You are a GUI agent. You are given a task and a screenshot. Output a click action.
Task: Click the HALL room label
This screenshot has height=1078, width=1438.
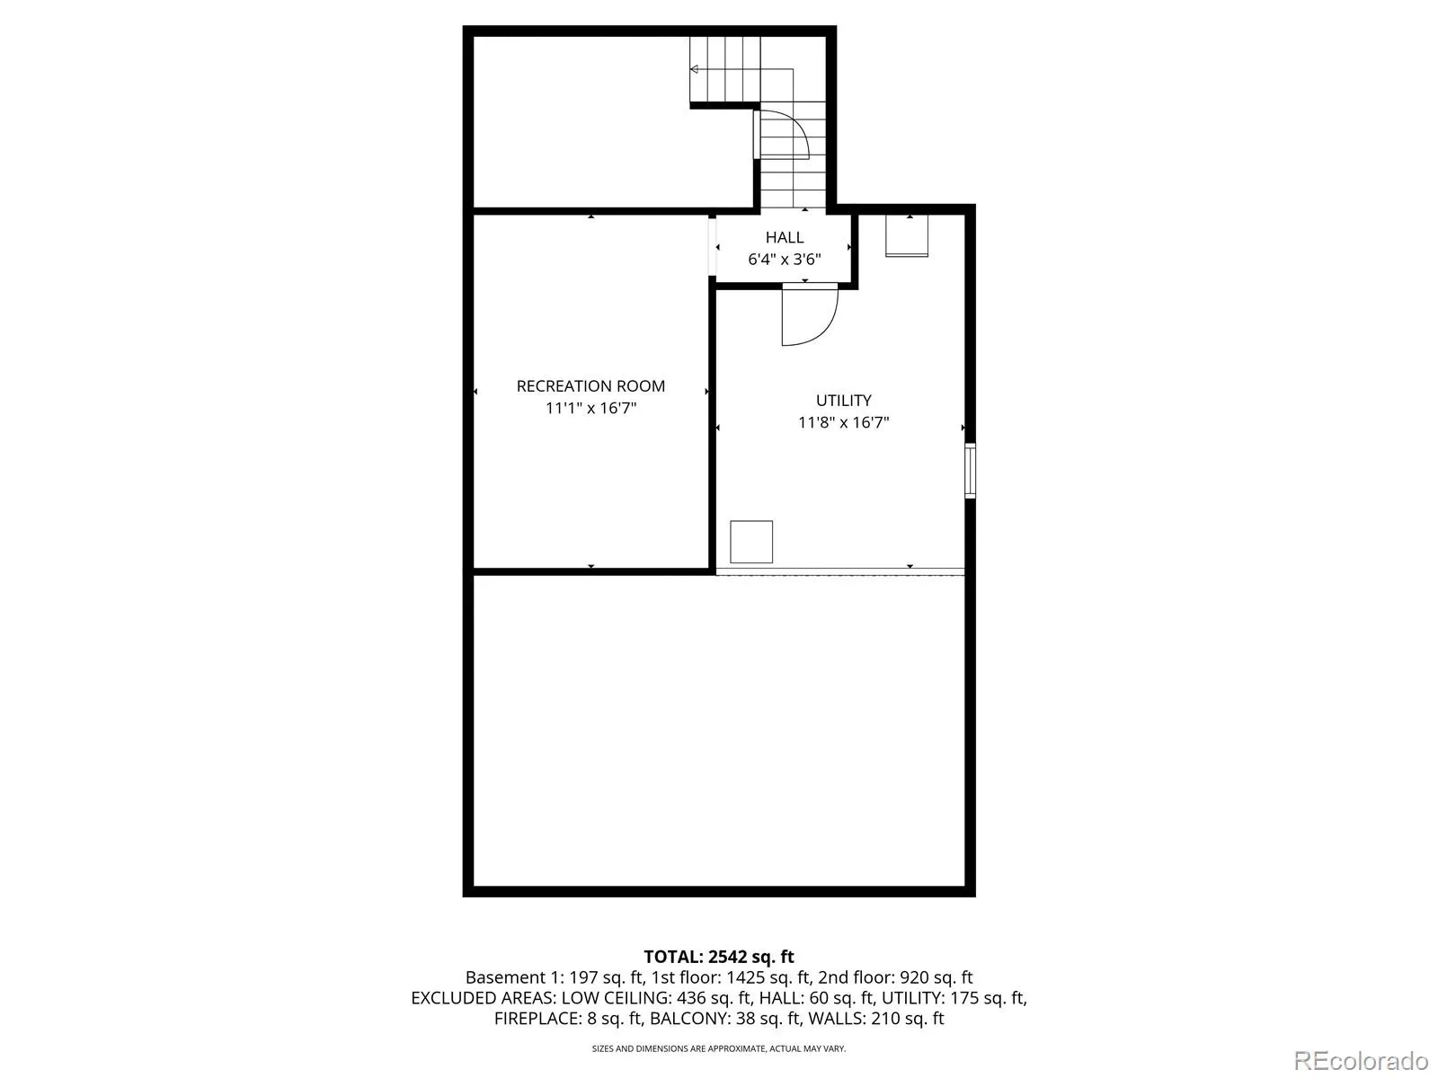pos(785,237)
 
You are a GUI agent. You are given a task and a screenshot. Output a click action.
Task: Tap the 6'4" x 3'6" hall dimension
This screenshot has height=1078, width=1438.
pos(785,260)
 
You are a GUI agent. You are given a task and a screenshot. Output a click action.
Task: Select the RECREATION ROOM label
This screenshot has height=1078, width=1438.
pos(590,386)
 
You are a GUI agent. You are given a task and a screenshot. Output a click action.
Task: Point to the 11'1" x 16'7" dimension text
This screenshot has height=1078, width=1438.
pos(590,409)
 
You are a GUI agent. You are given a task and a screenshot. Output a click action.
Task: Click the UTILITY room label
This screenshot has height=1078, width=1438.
pos(843,400)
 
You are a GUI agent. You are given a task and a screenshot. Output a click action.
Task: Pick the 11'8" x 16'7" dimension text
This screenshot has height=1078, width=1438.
pos(843,422)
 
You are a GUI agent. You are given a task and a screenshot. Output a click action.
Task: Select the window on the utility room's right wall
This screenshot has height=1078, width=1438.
pos(971,471)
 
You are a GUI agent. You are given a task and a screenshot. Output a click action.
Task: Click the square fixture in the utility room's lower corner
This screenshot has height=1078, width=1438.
pos(750,542)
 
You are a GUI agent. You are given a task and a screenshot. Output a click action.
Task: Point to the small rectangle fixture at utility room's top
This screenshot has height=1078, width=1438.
pos(907,235)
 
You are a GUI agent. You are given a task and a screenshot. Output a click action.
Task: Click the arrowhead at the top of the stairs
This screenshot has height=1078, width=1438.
pos(694,69)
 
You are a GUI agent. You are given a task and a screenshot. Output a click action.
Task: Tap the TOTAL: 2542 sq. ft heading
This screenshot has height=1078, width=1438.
pos(719,957)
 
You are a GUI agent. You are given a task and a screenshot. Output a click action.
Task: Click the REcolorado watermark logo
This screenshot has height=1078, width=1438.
pos(1361,1060)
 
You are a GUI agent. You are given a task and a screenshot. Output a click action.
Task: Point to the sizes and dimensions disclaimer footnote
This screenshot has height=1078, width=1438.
pos(719,1048)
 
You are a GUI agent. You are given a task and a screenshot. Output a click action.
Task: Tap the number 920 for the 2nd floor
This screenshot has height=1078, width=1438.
pos(913,977)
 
